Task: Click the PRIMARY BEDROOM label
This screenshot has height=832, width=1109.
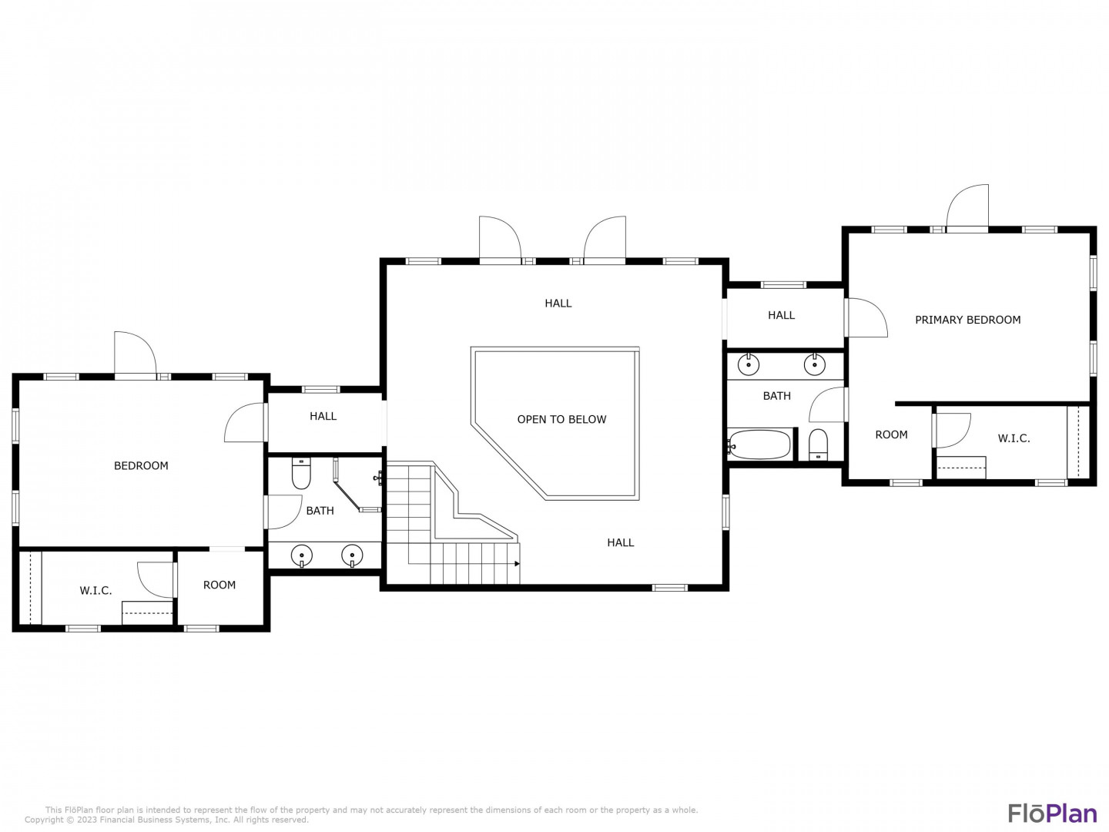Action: [967, 320]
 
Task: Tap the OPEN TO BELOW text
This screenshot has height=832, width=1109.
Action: [561, 419]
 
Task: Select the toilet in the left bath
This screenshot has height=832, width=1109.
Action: [301, 474]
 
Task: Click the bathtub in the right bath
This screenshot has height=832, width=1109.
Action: [759, 445]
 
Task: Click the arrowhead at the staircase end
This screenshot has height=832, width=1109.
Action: [517, 564]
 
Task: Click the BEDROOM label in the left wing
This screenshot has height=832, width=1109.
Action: [141, 466]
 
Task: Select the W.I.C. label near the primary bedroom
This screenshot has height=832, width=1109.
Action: [1014, 438]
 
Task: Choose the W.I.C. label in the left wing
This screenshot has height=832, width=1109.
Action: [95, 591]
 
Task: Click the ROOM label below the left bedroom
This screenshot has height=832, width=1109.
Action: [219, 585]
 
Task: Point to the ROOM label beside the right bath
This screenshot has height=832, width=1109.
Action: [891, 434]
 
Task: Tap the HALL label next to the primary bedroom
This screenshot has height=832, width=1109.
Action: [781, 315]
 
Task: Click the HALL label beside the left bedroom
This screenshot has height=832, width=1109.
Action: [323, 416]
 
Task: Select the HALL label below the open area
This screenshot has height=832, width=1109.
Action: [621, 542]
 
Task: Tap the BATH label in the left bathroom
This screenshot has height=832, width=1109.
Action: [320, 511]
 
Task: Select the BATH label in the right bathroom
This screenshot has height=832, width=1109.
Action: [776, 396]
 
